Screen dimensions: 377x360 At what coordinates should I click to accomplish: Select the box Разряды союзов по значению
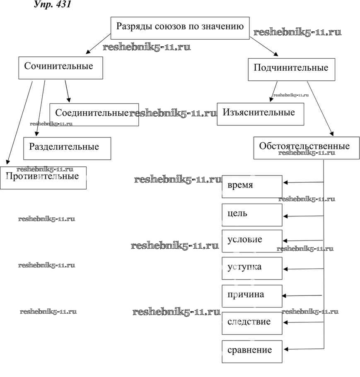tap(180, 27)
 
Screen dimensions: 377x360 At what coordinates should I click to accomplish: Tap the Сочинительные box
tap(60, 67)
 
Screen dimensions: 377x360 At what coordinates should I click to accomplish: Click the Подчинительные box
tap(291, 69)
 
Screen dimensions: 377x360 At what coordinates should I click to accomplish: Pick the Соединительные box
tap(94, 114)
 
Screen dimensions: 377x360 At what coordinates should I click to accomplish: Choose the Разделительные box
tap(67, 148)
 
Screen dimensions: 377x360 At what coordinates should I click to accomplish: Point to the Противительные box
tap(43, 178)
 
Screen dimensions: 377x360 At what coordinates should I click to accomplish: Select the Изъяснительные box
tap(260, 114)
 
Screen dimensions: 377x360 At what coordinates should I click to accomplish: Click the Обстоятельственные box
tap(306, 148)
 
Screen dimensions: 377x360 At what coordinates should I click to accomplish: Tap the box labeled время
tap(252, 186)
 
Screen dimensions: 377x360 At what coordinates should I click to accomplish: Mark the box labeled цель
tap(252, 215)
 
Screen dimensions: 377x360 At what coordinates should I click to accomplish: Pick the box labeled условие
tap(252, 241)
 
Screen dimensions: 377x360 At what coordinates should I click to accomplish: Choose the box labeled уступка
tap(252, 268)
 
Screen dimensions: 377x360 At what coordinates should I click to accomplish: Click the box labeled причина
tap(252, 295)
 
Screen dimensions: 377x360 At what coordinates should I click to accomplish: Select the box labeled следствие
tap(252, 323)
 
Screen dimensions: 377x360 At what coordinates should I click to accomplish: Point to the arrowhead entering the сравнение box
tap(286, 350)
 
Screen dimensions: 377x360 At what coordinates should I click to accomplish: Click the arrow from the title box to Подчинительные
tap(264, 46)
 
